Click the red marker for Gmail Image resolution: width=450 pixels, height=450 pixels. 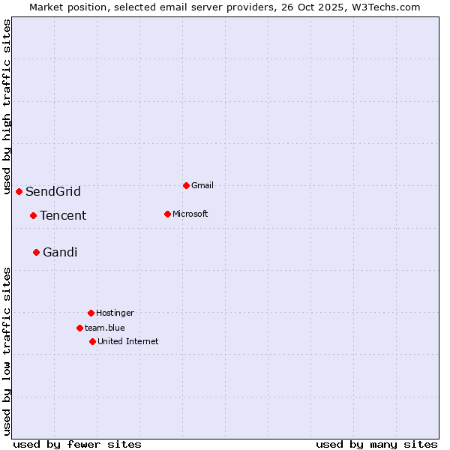[186, 185]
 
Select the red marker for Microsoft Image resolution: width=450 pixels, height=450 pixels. [167, 214]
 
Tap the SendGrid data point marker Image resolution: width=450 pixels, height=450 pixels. [19, 191]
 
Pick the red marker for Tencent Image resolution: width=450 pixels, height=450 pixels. [33, 215]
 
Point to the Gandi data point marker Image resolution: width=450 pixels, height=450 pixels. [36, 252]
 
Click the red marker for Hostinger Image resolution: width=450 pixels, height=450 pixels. [91, 313]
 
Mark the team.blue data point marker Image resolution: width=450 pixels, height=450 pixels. [79, 328]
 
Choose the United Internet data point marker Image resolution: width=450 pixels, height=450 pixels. [92, 341]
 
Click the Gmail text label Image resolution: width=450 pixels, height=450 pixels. [202, 185]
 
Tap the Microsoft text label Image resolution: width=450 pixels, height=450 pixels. [190, 214]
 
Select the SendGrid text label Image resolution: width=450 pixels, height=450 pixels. [53, 191]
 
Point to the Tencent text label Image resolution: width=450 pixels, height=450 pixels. [63, 215]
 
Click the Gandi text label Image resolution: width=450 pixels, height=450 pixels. [60, 252]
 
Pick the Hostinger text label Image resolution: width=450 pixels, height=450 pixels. [115, 313]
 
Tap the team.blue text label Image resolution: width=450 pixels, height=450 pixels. [105, 328]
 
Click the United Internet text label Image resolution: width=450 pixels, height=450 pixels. [128, 341]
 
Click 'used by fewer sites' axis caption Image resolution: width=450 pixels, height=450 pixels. [77, 444]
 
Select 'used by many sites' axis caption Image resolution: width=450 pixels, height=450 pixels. [376, 444]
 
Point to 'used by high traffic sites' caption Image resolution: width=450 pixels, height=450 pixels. [7, 106]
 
